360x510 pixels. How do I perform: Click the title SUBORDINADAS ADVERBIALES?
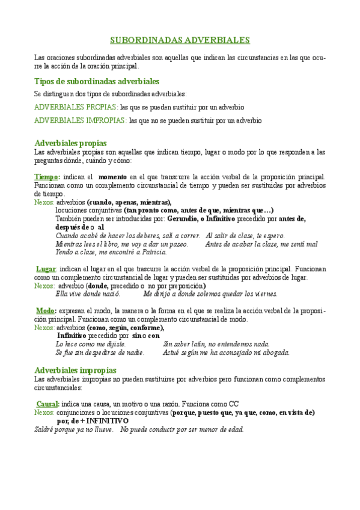pyautogui.click(x=180, y=40)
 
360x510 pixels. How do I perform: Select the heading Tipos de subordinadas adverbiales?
pyautogui.click(x=97, y=81)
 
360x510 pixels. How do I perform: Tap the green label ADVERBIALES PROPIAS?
pyautogui.click(x=76, y=107)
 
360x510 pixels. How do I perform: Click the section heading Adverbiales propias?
pyautogui.click(x=71, y=143)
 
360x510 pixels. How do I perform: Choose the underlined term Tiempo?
pyautogui.click(x=47, y=177)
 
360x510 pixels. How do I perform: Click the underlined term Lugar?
pyautogui.click(x=46, y=269)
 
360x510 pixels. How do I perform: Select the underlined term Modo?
pyautogui.click(x=46, y=310)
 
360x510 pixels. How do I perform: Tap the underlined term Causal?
pyautogui.click(x=48, y=404)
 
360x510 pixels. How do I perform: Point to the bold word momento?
pyautogui.click(x=112, y=177)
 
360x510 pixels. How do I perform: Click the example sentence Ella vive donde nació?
pyautogui.click(x=88, y=294)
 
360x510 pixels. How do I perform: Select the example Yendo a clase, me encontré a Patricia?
pyautogui.click(x=103, y=253)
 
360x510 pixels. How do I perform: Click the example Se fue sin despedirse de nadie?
pyautogui.click(x=100, y=352)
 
